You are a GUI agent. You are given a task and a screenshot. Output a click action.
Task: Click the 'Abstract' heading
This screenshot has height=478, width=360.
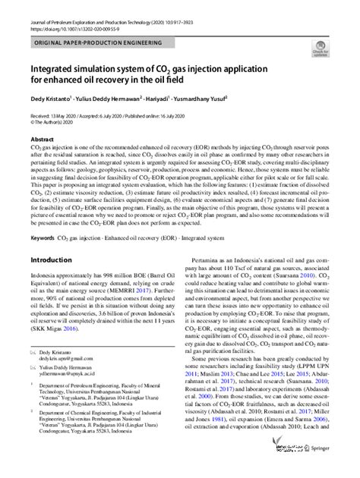[x=42, y=140]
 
